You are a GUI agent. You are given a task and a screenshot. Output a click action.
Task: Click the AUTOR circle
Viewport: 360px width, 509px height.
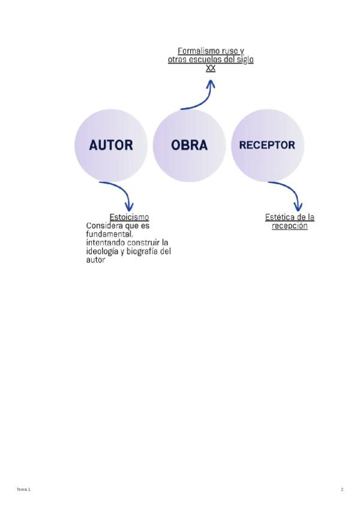coord(111,145)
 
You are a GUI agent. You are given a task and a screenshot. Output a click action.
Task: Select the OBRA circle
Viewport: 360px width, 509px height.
coord(189,145)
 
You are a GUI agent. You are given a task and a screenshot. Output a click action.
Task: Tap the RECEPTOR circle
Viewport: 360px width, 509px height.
coord(267,145)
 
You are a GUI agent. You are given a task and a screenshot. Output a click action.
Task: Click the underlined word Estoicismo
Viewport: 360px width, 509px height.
coord(129,217)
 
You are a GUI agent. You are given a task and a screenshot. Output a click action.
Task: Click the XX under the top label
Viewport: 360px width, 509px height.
coord(211,68)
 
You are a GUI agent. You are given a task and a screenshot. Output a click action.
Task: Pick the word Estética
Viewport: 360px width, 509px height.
coord(279,217)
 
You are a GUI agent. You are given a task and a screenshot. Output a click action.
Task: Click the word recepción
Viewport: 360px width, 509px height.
coord(290,226)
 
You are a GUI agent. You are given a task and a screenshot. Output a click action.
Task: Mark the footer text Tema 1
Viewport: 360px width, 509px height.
coord(23,490)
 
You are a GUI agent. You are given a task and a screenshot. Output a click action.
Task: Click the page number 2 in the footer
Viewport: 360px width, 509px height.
coord(342,490)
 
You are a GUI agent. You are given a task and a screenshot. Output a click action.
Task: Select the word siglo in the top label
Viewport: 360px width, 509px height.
coord(244,60)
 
